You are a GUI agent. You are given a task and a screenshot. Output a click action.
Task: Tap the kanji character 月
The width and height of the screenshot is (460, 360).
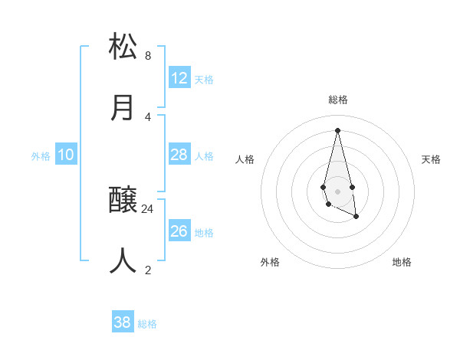pos(123,107)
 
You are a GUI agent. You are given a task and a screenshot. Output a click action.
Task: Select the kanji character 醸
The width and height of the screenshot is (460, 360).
pos(123,201)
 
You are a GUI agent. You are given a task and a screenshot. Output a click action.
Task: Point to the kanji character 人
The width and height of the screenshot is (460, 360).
pos(123,260)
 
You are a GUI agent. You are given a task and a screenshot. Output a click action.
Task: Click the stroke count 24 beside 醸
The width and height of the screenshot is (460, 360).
pos(148,208)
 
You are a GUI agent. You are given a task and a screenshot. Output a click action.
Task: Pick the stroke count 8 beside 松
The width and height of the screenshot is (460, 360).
pos(148,55)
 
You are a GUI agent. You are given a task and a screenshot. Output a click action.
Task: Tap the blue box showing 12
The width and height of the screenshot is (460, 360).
pos(179,78)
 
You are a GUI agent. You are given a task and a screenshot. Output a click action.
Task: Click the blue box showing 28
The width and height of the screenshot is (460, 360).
pos(179,155)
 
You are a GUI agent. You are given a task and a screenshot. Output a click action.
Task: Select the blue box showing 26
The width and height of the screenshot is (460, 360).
pos(179,231)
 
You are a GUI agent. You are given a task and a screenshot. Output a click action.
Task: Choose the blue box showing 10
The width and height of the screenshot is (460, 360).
pos(66,155)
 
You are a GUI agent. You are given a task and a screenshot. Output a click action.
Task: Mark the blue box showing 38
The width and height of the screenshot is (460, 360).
pos(123,322)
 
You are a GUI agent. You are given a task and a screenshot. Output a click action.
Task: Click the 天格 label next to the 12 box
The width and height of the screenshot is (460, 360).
pos(204,80)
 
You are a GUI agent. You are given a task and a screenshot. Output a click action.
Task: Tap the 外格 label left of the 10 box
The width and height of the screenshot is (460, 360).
pos(41,156)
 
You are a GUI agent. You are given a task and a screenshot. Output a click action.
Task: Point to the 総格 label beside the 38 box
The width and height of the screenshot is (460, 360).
pos(147,324)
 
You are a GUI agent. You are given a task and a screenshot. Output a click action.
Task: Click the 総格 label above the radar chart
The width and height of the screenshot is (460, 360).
pos(338,100)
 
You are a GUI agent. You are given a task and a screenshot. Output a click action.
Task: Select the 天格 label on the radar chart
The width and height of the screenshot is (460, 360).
pos(431,159)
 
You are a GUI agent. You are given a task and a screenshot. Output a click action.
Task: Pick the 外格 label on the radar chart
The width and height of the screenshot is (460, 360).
pos(270,262)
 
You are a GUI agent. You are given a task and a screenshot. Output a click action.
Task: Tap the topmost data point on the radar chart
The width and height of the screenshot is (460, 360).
pos(337,129)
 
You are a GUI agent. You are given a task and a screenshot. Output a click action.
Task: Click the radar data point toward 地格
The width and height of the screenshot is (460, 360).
pos(356,217)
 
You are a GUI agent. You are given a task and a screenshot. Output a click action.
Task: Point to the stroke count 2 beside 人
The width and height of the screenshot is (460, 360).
pos(148,270)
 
